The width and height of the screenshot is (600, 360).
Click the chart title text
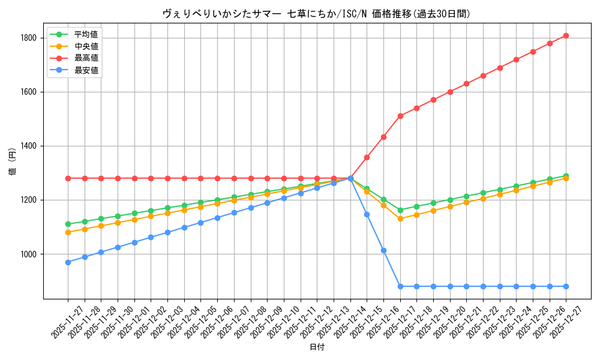pyautogui.click(x=316, y=14)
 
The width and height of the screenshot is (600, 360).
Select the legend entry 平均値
pyautogui.click(x=86, y=34)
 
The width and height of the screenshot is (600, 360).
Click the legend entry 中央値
pyautogui.click(x=86, y=46)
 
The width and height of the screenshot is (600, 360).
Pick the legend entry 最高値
pyautogui.click(x=86, y=58)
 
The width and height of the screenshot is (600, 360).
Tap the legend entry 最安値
pyautogui.click(x=86, y=71)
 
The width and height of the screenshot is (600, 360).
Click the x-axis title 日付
pyautogui.click(x=317, y=347)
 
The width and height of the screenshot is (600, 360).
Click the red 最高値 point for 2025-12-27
pyautogui.click(x=566, y=35)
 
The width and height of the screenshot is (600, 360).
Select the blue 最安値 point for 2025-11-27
pyautogui.click(x=68, y=262)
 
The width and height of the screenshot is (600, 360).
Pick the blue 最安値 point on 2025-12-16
pyautogui.click(x=383, y=250)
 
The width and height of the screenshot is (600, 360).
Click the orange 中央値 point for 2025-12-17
pyautogui.click(x=400, y=219)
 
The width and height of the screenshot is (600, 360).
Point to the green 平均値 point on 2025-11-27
pyautogui.click(x=68, y=224)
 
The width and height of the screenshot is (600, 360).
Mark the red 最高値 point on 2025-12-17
pyautogui.click(x=400, y=116)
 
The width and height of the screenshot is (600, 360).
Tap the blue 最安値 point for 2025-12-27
pyautogui.click(x=566, y=286)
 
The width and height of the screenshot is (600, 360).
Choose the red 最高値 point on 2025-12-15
pyautogui.click(x=367, y=157)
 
